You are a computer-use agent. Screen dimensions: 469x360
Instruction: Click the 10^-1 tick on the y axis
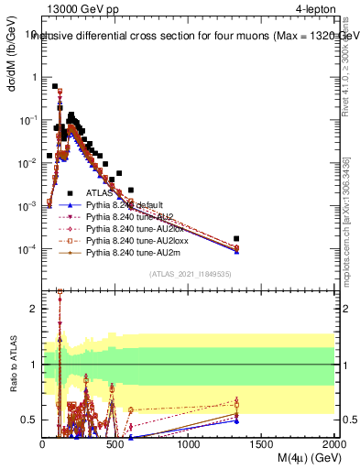click(27, 120)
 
